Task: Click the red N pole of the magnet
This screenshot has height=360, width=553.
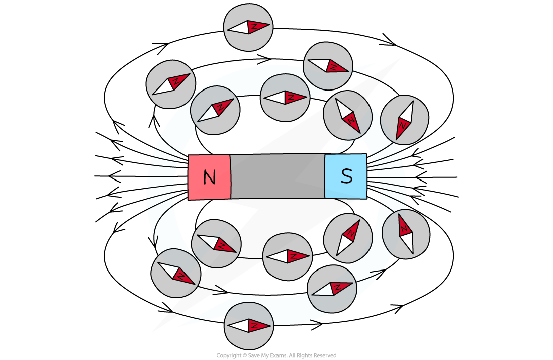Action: point(209,177)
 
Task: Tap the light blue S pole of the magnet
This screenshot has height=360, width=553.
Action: point(346,176)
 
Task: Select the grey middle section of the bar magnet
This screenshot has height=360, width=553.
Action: point(278,176)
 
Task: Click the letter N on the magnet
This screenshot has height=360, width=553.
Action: point(209,177)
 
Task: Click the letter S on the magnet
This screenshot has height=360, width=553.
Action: point(346,176)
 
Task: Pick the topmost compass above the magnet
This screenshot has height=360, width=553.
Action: point(248,28)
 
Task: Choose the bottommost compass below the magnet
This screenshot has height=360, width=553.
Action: point(249,325)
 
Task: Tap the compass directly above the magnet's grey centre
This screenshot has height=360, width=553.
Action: point(285,98)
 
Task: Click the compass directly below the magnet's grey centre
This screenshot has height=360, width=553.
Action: point(288,256)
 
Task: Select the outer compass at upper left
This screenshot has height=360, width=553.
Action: point(171,84)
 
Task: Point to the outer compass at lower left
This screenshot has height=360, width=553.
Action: point(176,273)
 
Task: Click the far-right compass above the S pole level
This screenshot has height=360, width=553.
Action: point(404,120)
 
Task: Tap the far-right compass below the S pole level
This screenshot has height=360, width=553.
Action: point(406,234)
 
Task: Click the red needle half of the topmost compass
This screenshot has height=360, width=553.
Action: point(259,26)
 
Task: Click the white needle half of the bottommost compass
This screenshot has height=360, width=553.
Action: point(239,326)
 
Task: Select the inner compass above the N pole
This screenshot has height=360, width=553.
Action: point(215,110)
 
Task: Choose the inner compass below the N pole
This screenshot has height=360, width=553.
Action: point(216,243)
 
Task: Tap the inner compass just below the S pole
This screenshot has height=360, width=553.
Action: point(348,238)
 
